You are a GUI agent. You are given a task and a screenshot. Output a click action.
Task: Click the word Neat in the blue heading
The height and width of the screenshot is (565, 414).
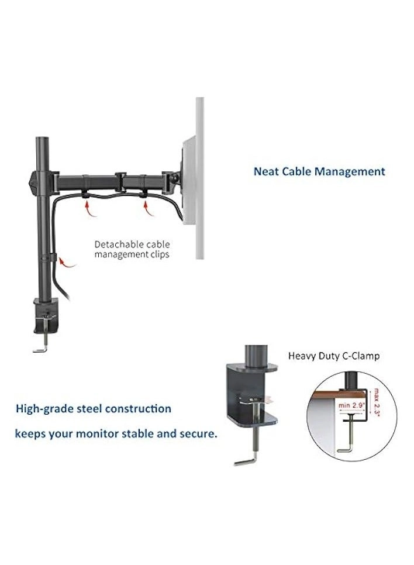coord(265,172)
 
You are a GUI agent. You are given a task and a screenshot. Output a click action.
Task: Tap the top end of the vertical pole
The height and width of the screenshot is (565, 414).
coord(42,141)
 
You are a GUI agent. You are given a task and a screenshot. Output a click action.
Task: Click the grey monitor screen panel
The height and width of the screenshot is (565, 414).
coord(199,175)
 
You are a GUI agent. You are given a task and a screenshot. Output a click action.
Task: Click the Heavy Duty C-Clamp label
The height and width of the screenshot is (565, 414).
coord(334,356)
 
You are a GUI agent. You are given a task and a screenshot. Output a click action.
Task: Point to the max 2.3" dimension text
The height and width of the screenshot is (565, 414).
coord(375,398)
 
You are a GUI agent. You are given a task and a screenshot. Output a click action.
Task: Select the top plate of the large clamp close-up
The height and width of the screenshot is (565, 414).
coord(252,370)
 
